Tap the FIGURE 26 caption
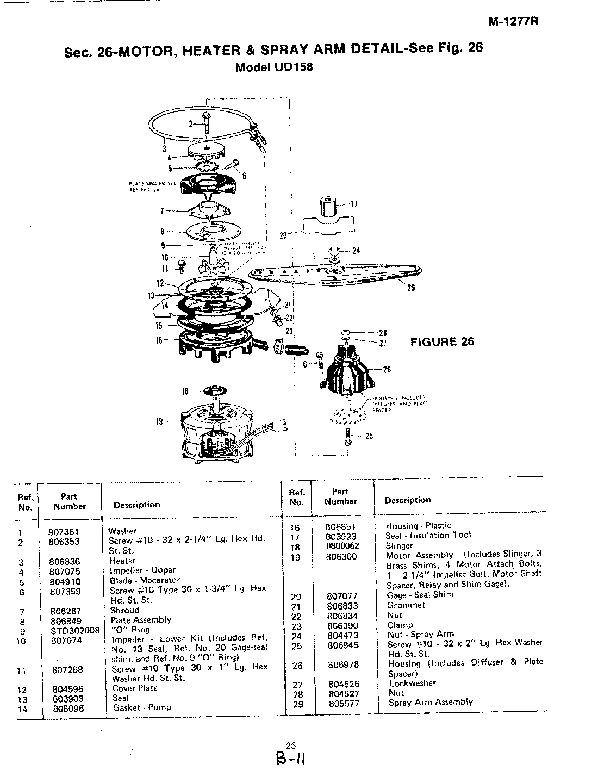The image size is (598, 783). pyautogui.click(x=441, y=341)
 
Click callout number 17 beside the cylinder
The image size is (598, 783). pyautogui.click(x=354, y=204)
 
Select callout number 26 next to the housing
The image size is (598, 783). pyautogui.click(x=387, y=369)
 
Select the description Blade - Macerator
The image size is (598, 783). pyautogui.click(x=145, y=580)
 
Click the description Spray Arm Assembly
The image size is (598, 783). pyautogui.click(x=430, y=702)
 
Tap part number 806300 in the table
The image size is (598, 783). pyautogui.click(x=342, y=557)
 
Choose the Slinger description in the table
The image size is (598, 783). pyautogui.click(x=399, y=545)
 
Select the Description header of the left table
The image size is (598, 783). pyautogui.click(x=136, y=505)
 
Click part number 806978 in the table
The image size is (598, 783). pyautogui.click(x=344, y=665)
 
